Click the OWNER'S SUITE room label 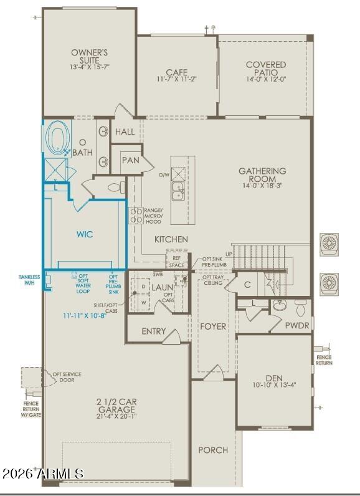coord(89,56)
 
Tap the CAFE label coord(177,72)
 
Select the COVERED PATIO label coord(266,69)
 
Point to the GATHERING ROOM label coord(262,175)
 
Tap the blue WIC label coord(85,235)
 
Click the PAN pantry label coord(131,160)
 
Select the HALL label coord(125,132)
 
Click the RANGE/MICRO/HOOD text coord(153,215)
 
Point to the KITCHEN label coord(171,239)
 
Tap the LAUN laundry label coord(163,287)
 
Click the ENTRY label coord(154,331)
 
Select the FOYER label coord(213,327)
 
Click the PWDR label coord(297,325)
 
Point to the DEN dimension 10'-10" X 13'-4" coord(274,384)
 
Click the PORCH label coord(213,450)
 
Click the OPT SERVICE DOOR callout coord(67,377)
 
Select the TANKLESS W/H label coord(29,280)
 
